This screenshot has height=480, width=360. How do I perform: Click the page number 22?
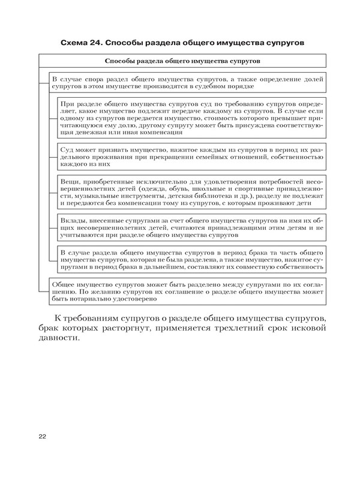click(42, 436)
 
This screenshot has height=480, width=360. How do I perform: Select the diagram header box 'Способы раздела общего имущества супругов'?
click(182, 61)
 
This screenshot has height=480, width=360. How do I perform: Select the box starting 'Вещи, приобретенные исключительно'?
click(192, 192)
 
